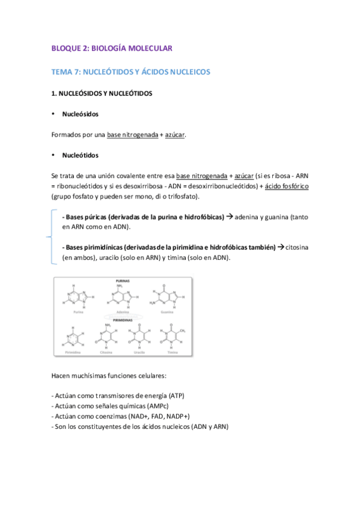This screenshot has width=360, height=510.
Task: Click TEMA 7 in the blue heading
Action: tap(65, 72)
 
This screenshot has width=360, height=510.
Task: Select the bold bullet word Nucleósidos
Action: tap(81, 114)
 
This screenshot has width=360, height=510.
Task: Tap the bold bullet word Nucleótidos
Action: tap(81, 155)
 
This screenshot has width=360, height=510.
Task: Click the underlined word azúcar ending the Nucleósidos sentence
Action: tap(174, 135)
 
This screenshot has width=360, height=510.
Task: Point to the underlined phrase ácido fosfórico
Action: tap(287, 186)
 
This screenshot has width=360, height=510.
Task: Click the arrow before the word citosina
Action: tap(281, 247)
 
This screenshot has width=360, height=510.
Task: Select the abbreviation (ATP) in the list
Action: tap(176, 396)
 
